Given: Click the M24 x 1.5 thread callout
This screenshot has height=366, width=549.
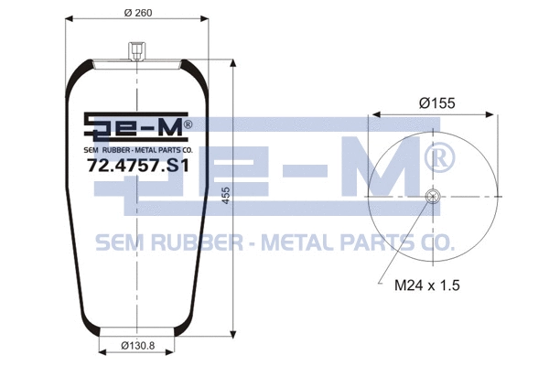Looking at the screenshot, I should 426,285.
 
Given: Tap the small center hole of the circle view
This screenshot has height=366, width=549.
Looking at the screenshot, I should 432,195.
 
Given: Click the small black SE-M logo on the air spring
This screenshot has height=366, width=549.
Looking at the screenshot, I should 136,127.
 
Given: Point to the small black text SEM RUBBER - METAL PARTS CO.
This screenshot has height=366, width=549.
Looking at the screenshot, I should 136,149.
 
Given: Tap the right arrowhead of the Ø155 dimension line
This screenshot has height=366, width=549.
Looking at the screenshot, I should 492,115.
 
